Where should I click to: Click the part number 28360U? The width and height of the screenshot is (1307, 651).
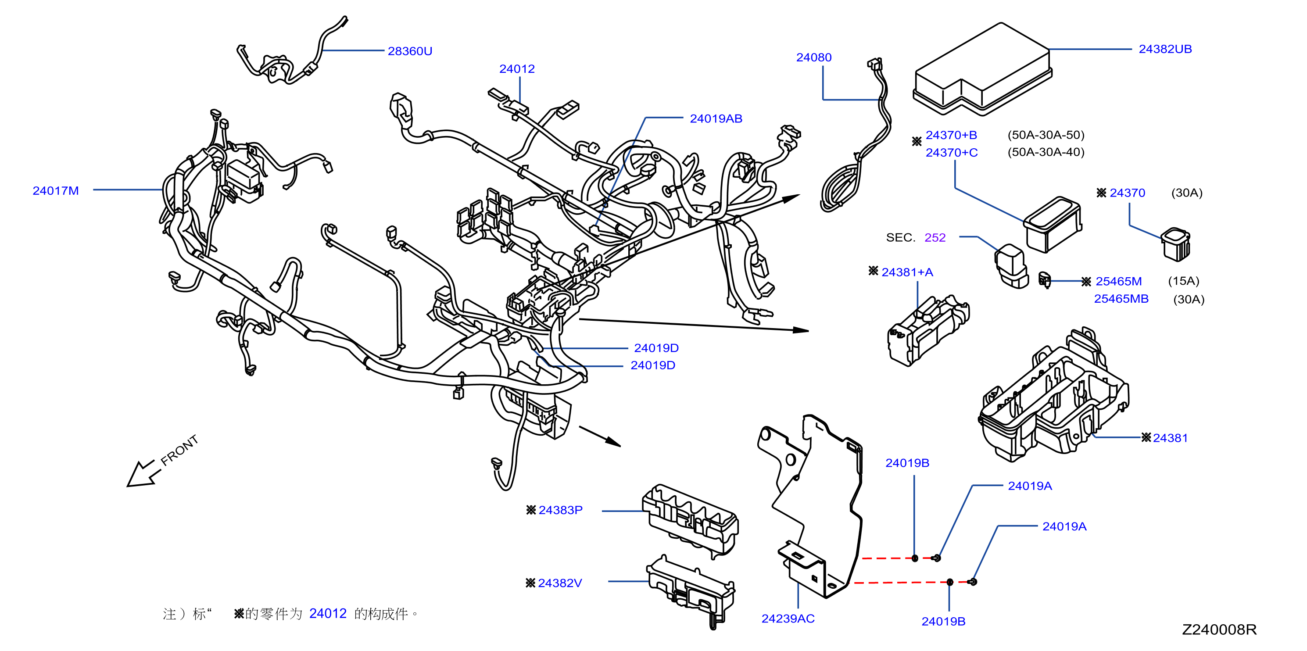[410, 51]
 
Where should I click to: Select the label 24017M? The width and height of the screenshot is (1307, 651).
[56, 191]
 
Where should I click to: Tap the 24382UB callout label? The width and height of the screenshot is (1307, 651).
[1165, 49]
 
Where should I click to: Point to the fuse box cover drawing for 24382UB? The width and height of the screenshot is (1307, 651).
[982, 69]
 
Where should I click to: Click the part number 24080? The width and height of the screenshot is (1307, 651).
[814, 57]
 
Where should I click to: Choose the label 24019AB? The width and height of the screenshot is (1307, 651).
[716, 119]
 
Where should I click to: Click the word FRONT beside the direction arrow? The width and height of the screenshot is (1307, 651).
[179, 450]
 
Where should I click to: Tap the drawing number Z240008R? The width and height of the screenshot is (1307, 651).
[1219, 630]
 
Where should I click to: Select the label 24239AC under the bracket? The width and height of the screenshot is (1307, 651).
[788, 619]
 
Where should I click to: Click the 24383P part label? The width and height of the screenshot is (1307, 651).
[560, 510]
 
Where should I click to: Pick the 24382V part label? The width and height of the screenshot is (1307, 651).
[560, 583]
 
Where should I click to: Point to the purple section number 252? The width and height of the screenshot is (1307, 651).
[935, 237]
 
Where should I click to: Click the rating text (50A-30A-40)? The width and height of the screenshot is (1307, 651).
[1046, 152]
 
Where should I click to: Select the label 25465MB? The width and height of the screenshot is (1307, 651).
[1121, 299]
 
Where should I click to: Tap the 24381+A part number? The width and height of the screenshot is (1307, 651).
[907, 272]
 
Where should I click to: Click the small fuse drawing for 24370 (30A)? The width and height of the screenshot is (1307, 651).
[1175, 245]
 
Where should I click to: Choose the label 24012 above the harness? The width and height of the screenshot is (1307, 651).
[517, 69]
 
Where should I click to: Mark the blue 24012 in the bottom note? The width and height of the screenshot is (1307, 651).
[328, 613]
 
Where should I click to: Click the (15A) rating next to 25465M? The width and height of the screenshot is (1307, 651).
[1184, 281]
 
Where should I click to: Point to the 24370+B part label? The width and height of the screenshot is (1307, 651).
[951, 136]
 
